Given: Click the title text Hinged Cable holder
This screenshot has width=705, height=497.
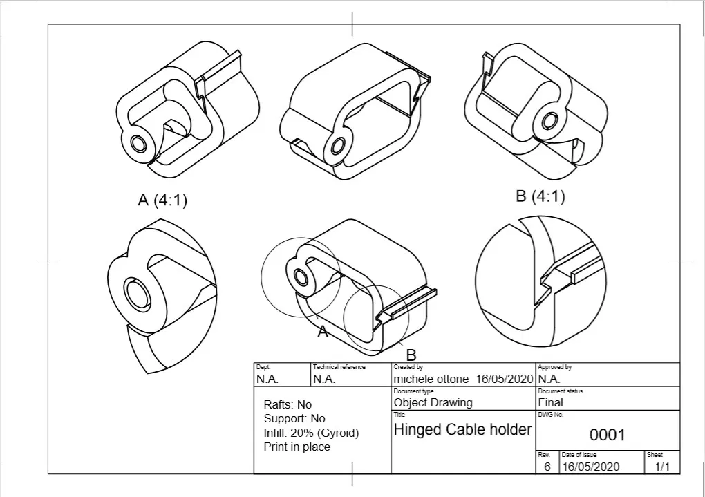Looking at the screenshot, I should [x=462, y=430].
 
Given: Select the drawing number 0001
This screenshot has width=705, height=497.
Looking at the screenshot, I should [x=607, y=435].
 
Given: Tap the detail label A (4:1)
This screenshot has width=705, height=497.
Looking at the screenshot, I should [x=162, y=200].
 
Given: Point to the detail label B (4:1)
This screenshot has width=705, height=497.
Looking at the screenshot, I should [x=540, y=197].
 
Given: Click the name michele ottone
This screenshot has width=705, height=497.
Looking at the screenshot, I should [x=431, y=379].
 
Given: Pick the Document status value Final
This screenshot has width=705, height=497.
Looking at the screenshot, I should [x=550, y=402].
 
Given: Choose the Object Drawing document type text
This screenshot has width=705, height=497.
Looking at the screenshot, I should [x=433, y=402].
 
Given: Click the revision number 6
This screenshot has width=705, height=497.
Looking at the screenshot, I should [x=547, y=467].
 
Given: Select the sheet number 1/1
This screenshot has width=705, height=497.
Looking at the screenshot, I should [x=661, y=467].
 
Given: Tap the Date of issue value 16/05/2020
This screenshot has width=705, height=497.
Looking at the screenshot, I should [x=590, y=467].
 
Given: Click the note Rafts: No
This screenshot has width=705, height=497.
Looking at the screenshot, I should [x=288, y=404].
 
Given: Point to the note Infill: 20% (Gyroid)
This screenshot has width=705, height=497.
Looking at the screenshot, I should [x=311, y=433].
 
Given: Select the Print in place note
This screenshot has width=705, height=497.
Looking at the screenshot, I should [x=297, y=447].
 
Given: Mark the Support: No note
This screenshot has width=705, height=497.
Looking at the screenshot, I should [x=294, y=419].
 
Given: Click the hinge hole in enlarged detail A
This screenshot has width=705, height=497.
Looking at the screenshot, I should [x=135, y=294].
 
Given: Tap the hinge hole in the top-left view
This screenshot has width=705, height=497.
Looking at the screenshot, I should [x=138, y=144].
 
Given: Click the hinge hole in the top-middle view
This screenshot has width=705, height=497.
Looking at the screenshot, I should [x=338, y=146].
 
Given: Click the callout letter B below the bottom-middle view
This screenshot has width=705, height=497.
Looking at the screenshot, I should [x=411, y=355].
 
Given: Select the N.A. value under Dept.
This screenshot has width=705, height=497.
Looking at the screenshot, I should [x=267, y=379].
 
